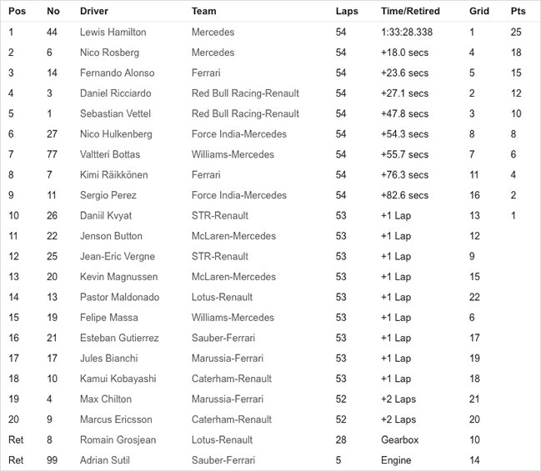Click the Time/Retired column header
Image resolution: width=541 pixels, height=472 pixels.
pos(410,12)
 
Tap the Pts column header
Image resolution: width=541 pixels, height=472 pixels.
pos(518,12)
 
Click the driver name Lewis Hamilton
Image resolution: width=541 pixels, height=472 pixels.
pos(113,33)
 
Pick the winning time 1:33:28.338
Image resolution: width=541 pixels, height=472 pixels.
pos(407,33)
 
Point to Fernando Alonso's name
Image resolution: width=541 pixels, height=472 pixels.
pos(117,73)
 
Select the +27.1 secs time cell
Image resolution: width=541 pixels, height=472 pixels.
pos(404,93)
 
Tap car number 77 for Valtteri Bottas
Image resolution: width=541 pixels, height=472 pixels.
pos(53,154)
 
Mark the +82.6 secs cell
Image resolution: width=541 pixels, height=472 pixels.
pos(404,195)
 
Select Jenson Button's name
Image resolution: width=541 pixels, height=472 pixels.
pos(111,236)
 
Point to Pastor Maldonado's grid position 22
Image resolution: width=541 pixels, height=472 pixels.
pos(474,297)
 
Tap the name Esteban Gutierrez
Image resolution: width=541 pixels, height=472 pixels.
pos(119,338)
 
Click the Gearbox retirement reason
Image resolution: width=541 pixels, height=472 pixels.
pos(399,439)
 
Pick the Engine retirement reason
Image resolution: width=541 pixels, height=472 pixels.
pos(396,460)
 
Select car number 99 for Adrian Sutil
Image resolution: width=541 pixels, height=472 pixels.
pos(53,460)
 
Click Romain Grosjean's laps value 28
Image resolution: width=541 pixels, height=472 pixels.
pos(341,439)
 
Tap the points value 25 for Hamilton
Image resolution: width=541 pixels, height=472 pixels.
pos(516,33)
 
